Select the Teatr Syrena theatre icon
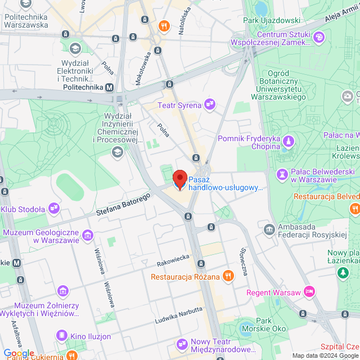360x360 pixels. [210, 103]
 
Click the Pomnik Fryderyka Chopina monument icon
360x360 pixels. [289, 140]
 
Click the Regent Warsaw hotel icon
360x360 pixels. [308, 291]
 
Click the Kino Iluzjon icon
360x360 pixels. [61, 336]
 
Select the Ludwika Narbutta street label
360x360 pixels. [178, 316]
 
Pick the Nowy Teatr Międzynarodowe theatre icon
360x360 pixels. [182, 343]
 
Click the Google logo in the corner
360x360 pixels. [19, 353]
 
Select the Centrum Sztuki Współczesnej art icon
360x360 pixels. [319, 37]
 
